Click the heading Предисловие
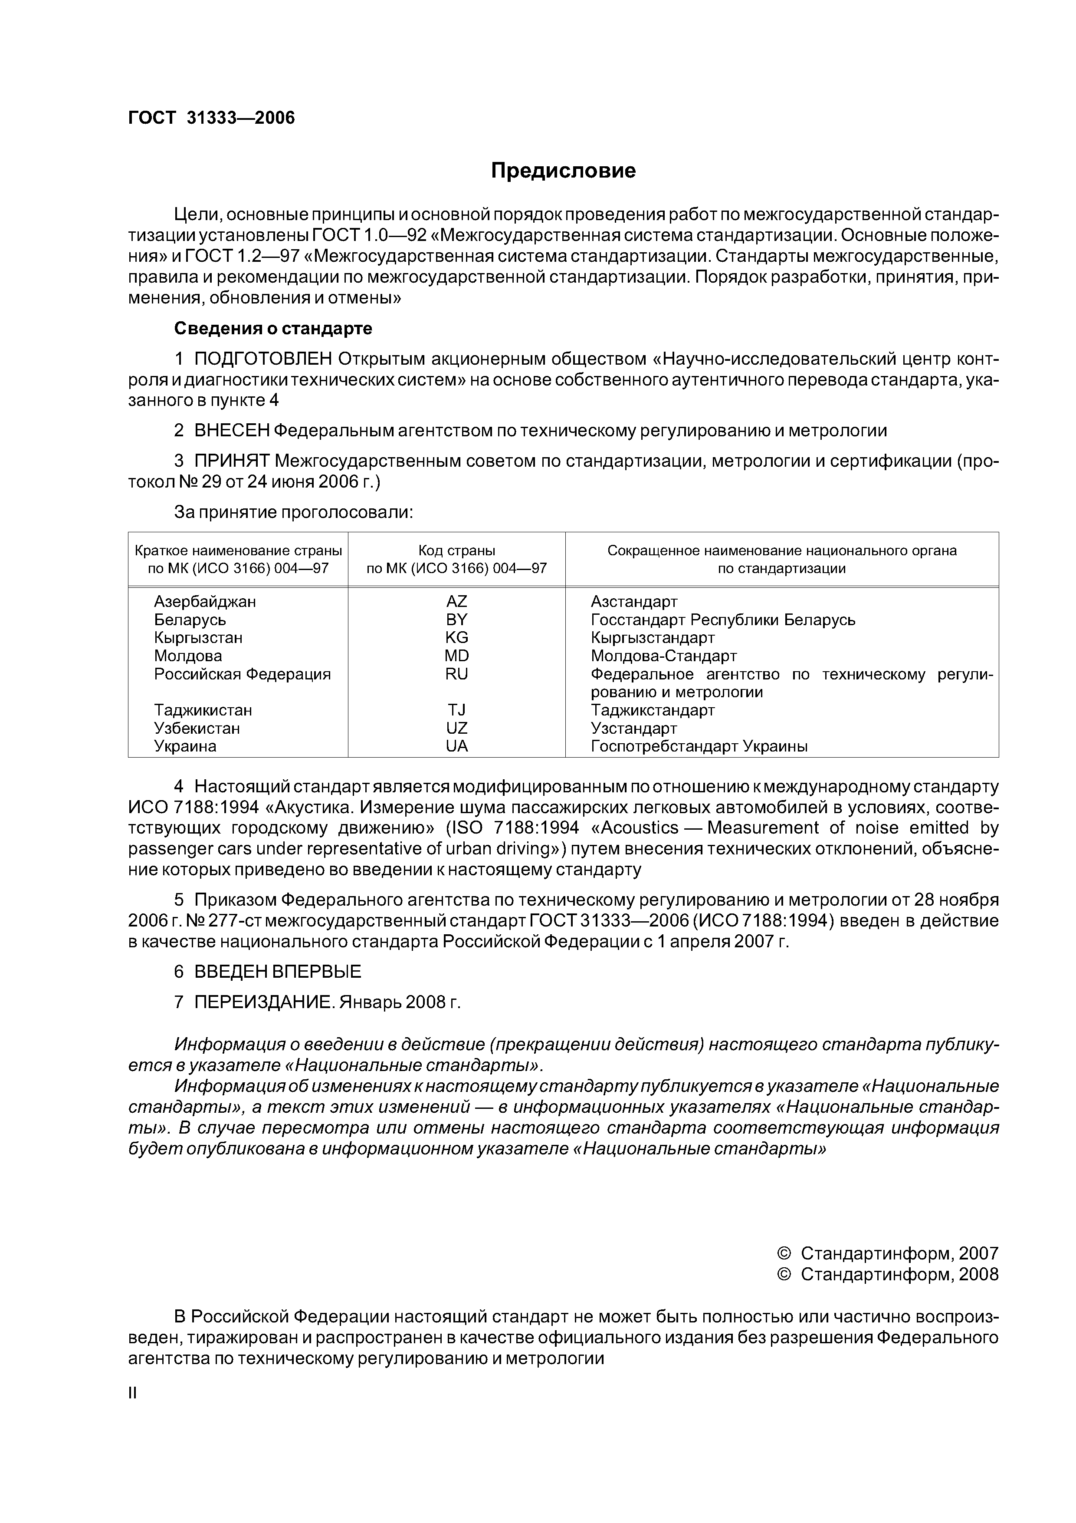click(563, 171)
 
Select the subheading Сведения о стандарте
click(272, 328)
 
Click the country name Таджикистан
click(203, 710)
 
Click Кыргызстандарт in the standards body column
click(653, 637)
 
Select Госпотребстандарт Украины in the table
click(699, 746)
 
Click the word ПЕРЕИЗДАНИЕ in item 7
click(264, 1002)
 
